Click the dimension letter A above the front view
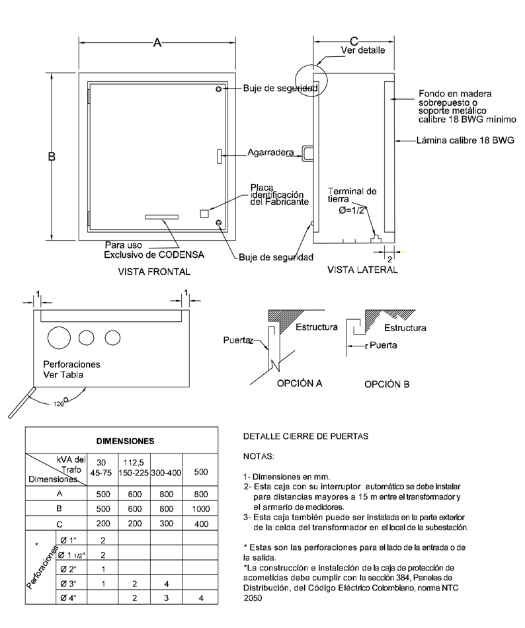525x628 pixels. point(157,42)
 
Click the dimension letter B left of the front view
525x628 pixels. point(51,157)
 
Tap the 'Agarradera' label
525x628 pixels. point(270,153)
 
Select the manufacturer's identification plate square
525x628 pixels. point(204,213)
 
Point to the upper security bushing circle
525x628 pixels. point(219,89)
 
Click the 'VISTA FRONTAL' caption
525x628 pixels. point(154,272)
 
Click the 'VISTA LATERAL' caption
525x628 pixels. point(362,270)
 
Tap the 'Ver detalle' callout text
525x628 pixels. point(362,50)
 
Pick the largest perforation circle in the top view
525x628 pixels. point(58,337)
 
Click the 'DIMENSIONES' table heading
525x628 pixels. point(125,440)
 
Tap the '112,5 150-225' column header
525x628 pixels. point(134,468)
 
